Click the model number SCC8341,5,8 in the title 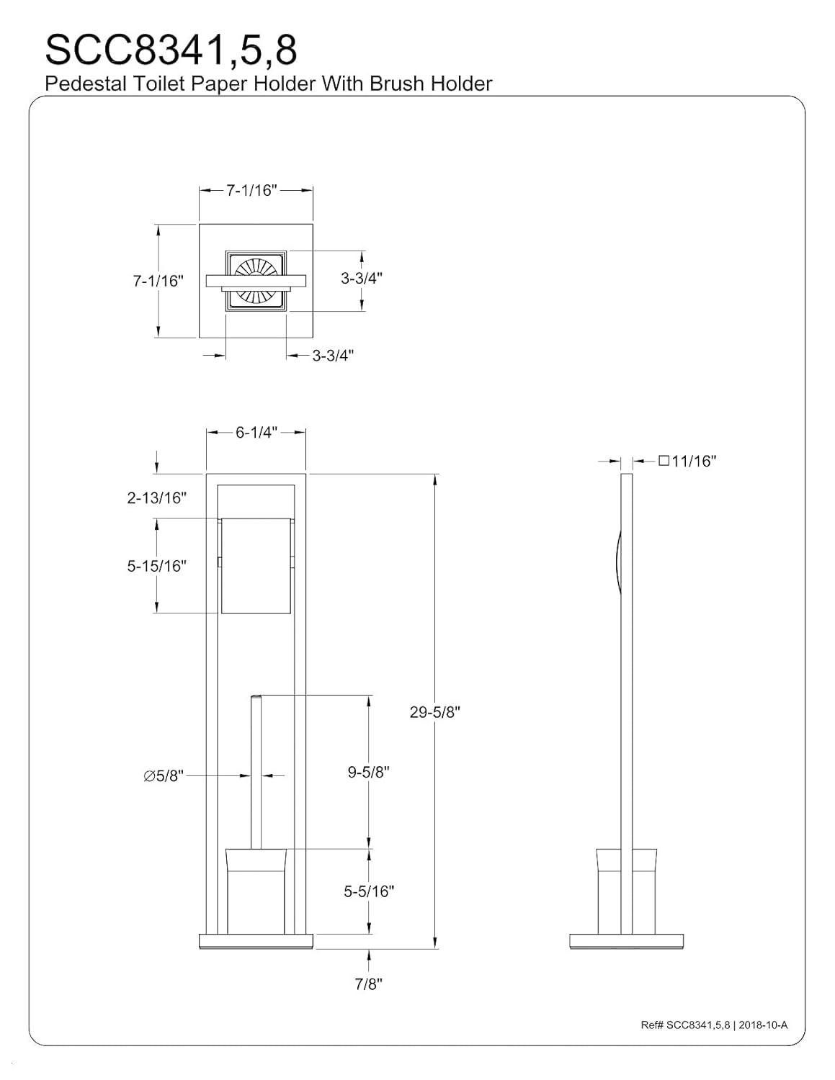(x=171, y=50)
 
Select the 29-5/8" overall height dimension (x=434, y=712)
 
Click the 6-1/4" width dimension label (x=256, y=432)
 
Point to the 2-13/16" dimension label (x=157, y=498)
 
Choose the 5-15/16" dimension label (x=157, y=566)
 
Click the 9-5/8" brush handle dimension (x=368, y=772)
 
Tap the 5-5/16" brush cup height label (x=369, y=891)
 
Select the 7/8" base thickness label (x=368, y=984)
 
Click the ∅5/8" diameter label (x=164, y=775)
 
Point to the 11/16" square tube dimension (x=687, y=461)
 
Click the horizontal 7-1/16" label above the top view (x=251, y=190)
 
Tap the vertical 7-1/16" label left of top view (x=158, y=281)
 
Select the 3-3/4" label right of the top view (x=362, y=278)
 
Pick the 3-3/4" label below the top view (x=333, y=356)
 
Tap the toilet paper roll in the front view (x=256, y=566)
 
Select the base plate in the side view (x=626, y=941)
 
